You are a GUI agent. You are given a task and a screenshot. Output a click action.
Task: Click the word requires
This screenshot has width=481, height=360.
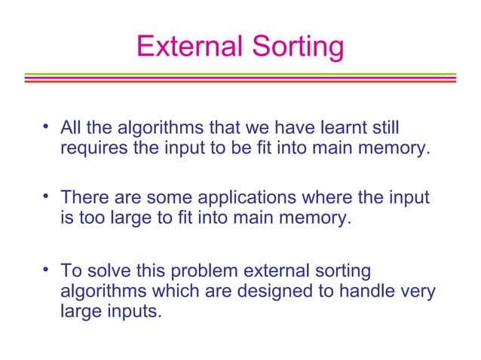click(94, 147)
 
